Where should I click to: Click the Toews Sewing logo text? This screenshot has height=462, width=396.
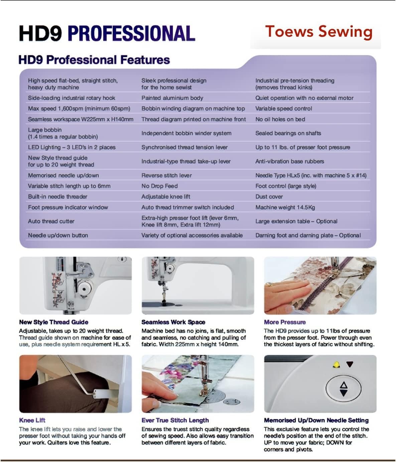[318, 32]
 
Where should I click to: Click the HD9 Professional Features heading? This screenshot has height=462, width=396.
[94, 60]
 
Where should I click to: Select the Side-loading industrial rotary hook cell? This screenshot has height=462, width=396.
[72, 98]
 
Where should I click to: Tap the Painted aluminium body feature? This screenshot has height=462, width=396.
[172, 98]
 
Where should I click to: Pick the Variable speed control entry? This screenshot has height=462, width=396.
[283, 108]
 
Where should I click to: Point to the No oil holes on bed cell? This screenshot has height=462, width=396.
[280, 119]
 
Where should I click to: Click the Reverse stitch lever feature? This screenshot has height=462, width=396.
[166, 175]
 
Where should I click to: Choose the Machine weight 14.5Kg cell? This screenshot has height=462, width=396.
[285, 207]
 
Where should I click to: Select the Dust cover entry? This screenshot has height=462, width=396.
[269, 197]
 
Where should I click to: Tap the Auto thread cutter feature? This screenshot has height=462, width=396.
[51, 221]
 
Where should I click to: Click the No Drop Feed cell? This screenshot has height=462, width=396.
[159, 186]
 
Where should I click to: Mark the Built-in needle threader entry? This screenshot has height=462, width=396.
[57, 197]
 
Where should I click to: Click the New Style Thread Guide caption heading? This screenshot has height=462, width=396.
[54, 322]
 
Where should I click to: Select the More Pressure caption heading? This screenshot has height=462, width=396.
[285, 322]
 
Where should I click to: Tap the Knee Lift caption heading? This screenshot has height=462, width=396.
[32, 420]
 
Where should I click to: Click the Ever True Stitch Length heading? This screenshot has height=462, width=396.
[175, 420]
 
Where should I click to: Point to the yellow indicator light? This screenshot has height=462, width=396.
[336, 365]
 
